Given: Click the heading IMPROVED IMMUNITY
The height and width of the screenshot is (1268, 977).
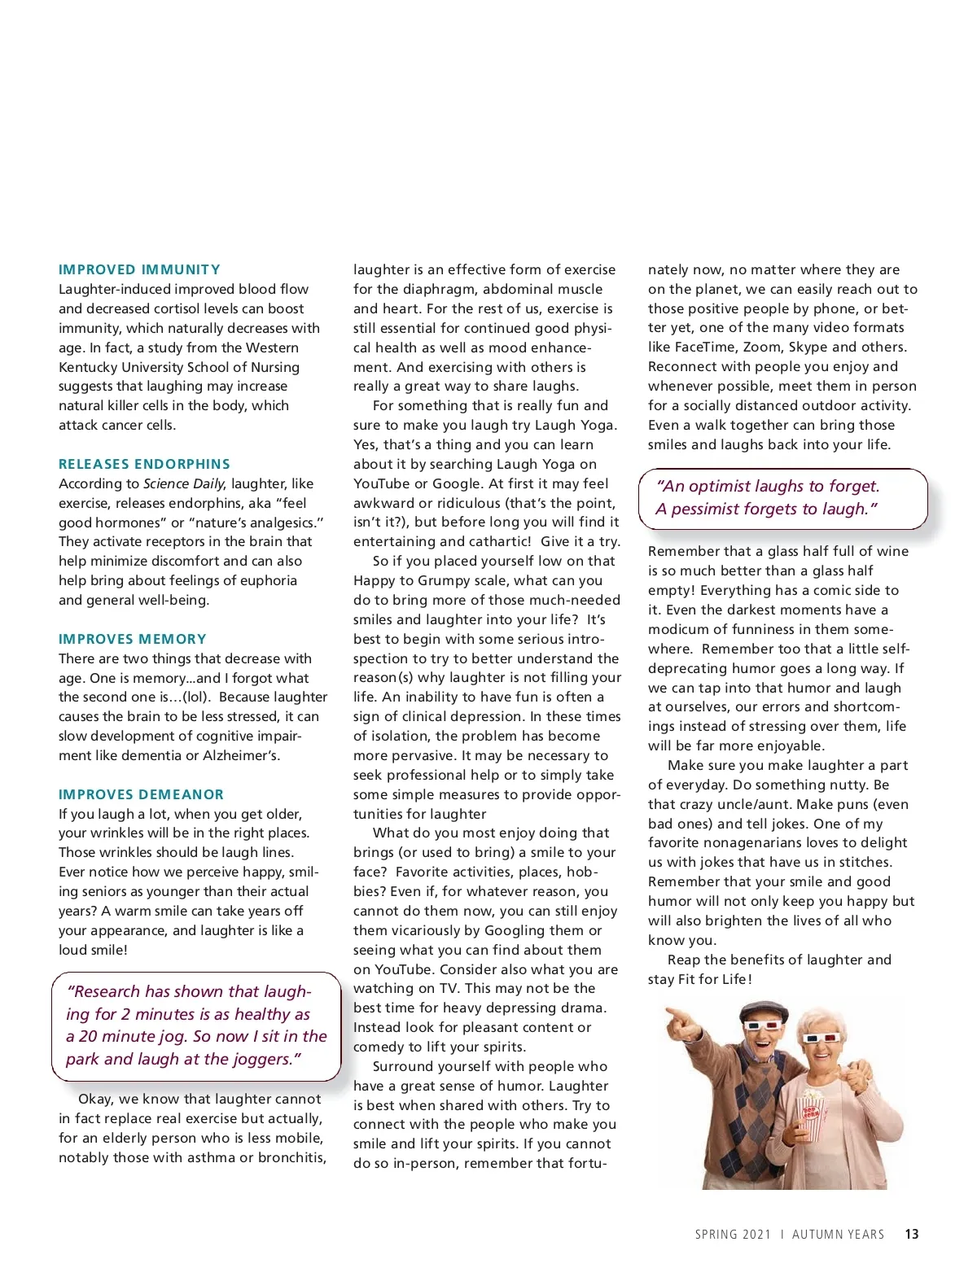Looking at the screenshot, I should click(x=139, y=269).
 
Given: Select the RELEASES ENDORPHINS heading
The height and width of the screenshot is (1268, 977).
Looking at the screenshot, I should click(x=144, y=464).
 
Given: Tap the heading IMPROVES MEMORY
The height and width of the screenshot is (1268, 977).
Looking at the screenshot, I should click(x=133, y=639).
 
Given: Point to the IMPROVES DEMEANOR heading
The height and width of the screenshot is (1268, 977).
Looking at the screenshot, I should click(x=141, y=794).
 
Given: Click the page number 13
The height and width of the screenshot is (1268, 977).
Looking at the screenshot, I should click(x=912, y=1235).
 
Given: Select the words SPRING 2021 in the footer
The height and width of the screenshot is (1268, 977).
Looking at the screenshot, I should click(x=733, y=1235).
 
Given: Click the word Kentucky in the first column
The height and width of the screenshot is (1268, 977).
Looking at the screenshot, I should click(x=88, y=367).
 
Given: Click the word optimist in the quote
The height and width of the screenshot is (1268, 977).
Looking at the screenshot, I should click(x=721, y=486).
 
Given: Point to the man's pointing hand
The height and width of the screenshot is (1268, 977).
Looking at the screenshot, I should click(x=677, y=1020).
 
